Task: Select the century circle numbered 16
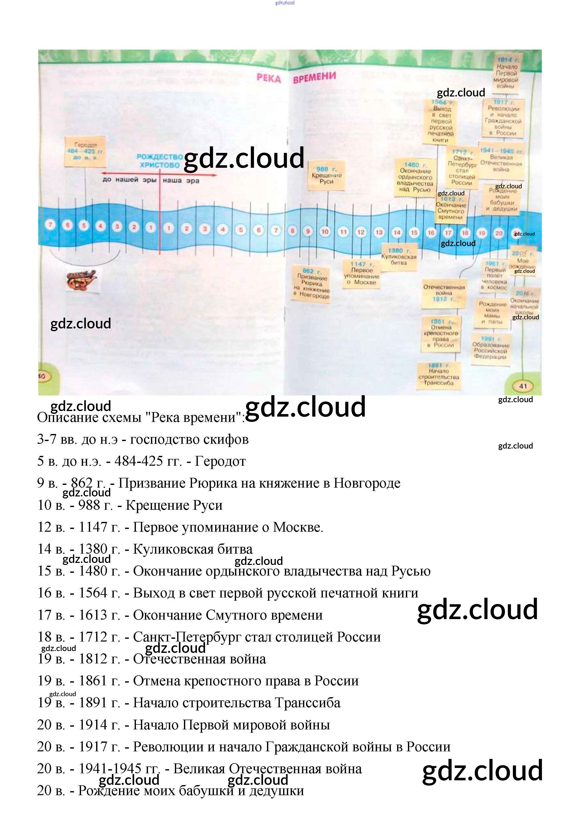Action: pyautogui.click(x=431, y=233)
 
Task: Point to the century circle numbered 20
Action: pyautogui.click(x=499, y=233)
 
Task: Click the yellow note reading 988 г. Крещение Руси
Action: pyautogui.click(x=326, y=175)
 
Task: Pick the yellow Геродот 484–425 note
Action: pyautogui.click(x=85, y=151)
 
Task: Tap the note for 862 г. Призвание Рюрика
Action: pyautogui.click(x=311, y=283)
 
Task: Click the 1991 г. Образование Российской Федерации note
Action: pyautogui.click(x=490, y=348)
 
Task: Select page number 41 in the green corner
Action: pyautogui.click(x=523, y=386)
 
